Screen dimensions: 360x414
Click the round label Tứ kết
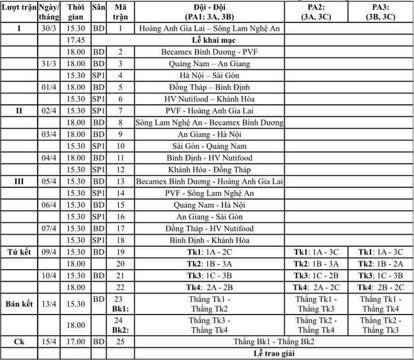tap(19, 252)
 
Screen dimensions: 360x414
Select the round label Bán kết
tap(19, 301)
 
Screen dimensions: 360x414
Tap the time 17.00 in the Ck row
tap(76, 341)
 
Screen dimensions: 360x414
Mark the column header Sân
tap(98, 12)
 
